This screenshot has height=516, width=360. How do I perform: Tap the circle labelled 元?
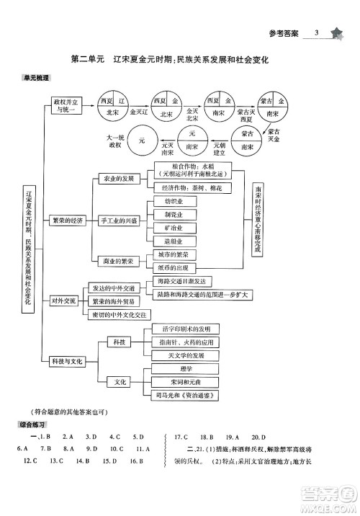143,141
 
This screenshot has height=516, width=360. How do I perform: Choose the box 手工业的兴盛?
119,219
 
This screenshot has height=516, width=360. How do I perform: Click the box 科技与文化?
68,360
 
